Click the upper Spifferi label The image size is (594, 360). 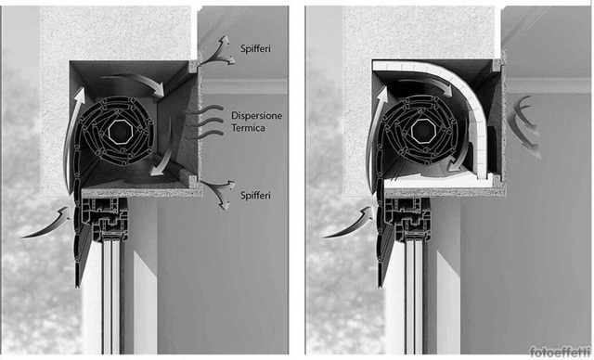point(255,48)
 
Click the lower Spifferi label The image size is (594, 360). point(255,196)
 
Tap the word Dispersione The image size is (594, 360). point(256,115)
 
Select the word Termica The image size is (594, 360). point(248,128)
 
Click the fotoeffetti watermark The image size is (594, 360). point(560,352)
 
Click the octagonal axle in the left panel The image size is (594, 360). point(121,132)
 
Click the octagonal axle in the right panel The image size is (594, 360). point(423,132)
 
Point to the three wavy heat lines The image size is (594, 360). point(204,122)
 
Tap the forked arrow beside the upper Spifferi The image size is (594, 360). point(217,53)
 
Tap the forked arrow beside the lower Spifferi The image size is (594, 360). point(219,190)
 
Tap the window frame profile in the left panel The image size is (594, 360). point(105,219)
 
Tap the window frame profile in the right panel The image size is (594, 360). point(408,219)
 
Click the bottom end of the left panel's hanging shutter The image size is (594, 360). point(77,285)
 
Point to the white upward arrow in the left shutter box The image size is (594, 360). point(73,136)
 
